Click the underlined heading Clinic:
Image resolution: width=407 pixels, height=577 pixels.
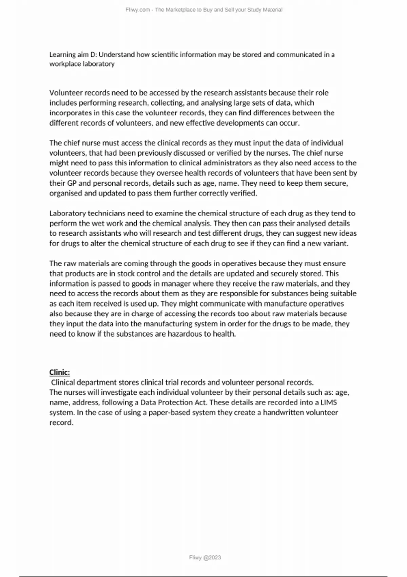(x=60, y=372)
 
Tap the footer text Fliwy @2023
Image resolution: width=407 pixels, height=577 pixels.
(x=205, y=557)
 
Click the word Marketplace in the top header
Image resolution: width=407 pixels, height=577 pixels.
(x=175, y=10)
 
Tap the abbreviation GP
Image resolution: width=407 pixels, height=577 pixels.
(x=70, y=183)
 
